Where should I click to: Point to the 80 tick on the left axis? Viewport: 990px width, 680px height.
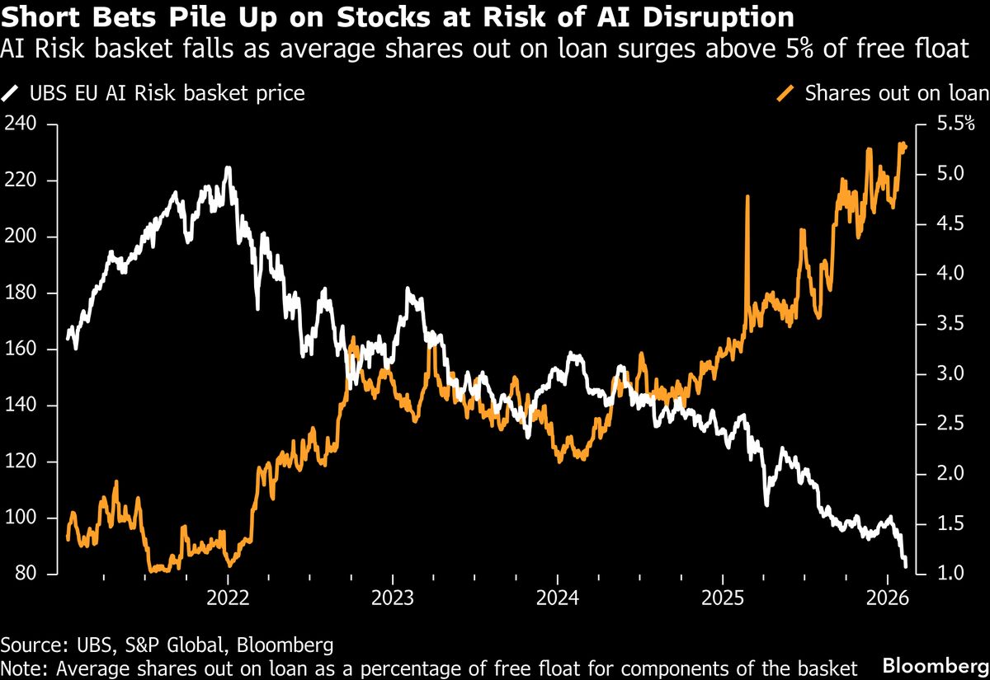coord(23,574)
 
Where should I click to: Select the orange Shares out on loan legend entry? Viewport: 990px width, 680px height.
coord(886,92)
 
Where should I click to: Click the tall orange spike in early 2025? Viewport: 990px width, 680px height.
coord(747,198)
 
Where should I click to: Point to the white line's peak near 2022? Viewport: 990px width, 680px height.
coord(228,168)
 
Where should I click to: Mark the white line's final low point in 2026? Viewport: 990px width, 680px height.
coord(907,566)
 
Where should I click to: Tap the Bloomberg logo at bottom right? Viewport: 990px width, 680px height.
coord(936,664)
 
